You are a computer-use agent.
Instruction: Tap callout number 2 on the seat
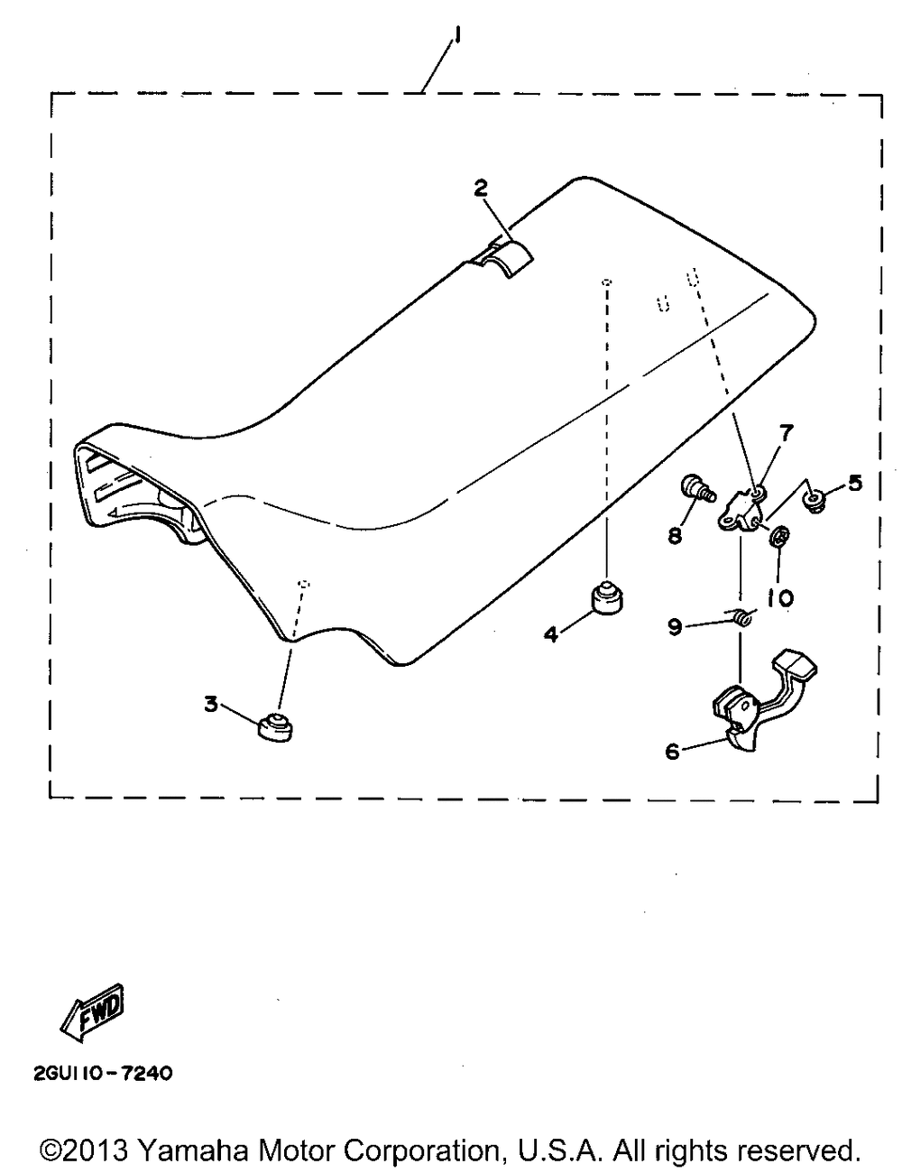[x=481, y=188]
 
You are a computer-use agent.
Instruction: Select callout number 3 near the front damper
[x=211, y=704]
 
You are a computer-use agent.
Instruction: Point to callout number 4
[x=549, y=634]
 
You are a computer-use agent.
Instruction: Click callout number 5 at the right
[x=854, y=483]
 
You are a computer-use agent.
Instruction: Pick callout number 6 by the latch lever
[x=672, y=750]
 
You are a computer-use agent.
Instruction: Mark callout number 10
[x=778, y=597]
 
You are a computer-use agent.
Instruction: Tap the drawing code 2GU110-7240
[x=91, y=1074]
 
